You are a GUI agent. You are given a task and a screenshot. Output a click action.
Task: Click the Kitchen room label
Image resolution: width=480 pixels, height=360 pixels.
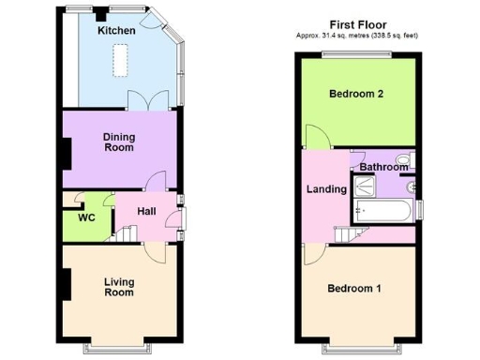tap(117, 31)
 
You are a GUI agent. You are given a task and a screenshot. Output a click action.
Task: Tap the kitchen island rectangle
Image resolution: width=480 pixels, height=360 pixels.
tap(120, 62)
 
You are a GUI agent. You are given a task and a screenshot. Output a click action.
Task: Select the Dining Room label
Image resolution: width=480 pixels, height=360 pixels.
tap(119, 142)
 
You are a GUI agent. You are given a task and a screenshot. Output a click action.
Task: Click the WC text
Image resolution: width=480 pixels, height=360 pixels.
tap(86, 217)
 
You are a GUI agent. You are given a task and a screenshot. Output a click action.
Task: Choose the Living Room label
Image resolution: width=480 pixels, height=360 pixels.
tap(119, 287)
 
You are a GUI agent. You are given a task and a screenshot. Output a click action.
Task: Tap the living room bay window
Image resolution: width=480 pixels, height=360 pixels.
tap(118, 344)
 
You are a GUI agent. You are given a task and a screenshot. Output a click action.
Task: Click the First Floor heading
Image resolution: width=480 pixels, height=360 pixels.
tap(359, 24)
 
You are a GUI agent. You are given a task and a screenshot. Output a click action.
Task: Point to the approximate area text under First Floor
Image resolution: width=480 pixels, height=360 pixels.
tap(359, 36)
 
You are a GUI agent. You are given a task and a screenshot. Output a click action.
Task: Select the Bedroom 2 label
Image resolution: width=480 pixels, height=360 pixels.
tap(358, 94)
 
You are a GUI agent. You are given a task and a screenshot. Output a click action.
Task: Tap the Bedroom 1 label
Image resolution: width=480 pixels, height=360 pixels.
tap(353, 288)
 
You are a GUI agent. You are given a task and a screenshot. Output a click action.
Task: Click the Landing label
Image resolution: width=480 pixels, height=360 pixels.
tap(327, 189)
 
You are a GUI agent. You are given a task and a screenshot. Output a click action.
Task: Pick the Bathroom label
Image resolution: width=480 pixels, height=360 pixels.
tap(384, 168)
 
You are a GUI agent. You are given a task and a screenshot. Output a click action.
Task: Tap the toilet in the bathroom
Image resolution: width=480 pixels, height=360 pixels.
tap(404, 160)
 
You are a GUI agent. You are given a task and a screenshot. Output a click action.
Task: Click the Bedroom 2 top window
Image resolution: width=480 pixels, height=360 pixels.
tap(358, 55)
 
